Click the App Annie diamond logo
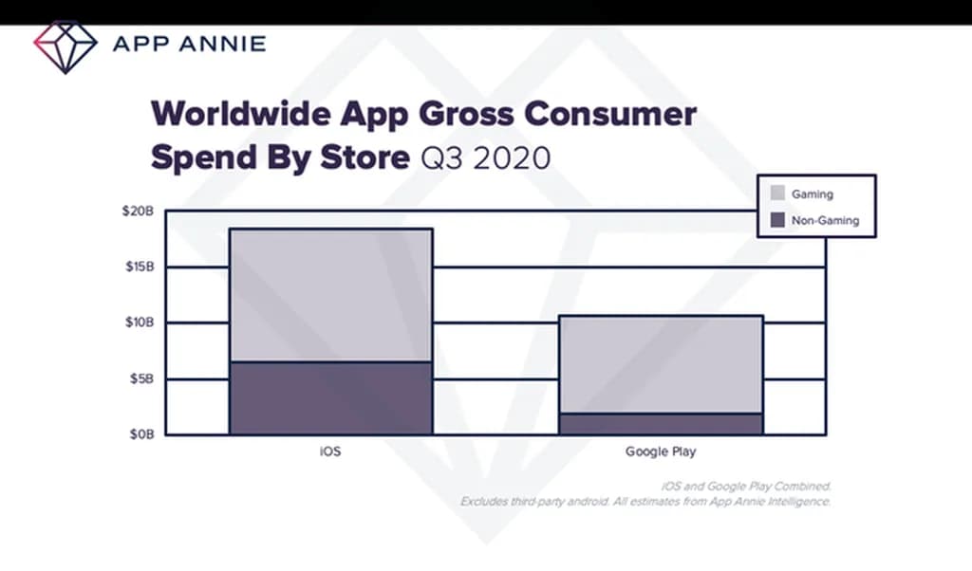65,45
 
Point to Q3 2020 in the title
485,157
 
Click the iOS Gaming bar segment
330,295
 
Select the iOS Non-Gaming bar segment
330,398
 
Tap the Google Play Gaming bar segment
661,364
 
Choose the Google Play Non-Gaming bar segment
661,424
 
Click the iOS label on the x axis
329,451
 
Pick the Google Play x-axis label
661,451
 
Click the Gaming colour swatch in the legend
776,193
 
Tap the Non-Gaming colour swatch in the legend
776,220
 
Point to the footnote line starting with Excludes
645,501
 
